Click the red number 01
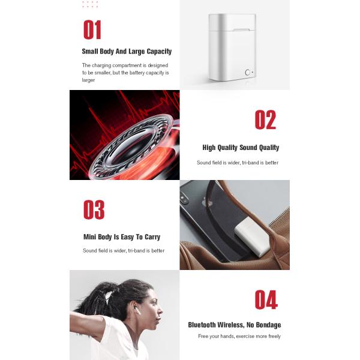point(92,29)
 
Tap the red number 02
point(265,119)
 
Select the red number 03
point(94,209)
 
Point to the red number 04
point(266,299)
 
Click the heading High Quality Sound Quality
point(241,148)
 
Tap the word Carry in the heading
point(152,237)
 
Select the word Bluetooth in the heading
point(202,325)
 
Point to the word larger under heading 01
point(88,80)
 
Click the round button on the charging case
point(247,73)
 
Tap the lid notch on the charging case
point(241,30)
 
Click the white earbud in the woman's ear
point(137,310)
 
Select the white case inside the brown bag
point(253,237)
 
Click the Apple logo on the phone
point(207,202)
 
